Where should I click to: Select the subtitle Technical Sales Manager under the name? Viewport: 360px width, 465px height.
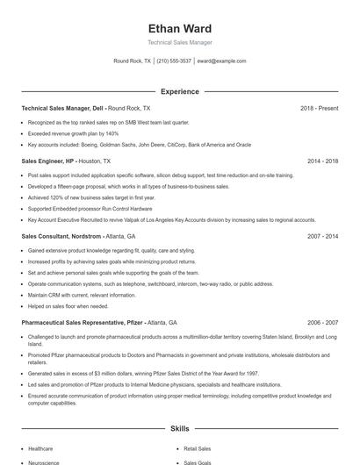tap(180, 42)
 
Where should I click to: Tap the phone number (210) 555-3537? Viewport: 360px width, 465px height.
tap(174, 61)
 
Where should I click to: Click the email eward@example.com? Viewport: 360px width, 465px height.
tap(221, 61)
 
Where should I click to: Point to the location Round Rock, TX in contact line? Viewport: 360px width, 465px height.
tap(133, 61)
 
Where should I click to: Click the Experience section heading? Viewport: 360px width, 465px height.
tap(180, 91)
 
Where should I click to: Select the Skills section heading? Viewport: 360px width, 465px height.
tap(180, 429)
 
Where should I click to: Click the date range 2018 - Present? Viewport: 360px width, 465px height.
tap(320, 108)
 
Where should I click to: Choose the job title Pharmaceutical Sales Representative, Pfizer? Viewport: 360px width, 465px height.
tap(81, 322)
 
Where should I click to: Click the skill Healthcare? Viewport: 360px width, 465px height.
tap(40, 448)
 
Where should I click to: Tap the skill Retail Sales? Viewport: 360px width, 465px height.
tap(197, 448)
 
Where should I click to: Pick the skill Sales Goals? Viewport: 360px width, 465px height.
tap(197, 461)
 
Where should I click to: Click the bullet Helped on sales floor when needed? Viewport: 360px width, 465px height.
tap(68, 306)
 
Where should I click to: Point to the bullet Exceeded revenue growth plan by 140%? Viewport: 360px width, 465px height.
tap(73, 133)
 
